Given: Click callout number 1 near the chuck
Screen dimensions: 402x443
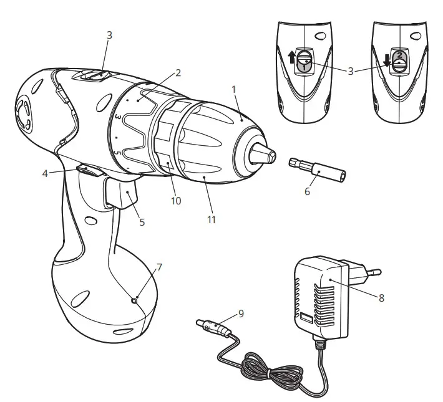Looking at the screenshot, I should tap(234, 89).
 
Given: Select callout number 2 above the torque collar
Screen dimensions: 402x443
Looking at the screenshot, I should tap(178, 73).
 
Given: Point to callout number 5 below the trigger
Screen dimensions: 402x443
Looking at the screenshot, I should tap(142, 221).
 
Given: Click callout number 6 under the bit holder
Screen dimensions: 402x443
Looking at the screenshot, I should tap(307, 192).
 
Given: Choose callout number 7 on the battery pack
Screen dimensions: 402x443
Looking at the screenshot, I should tap(160, 267).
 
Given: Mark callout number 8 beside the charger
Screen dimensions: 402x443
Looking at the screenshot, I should tap(381, 298).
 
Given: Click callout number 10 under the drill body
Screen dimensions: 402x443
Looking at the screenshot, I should tap(177, 201).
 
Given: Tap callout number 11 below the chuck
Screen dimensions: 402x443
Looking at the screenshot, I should tap(212, 219).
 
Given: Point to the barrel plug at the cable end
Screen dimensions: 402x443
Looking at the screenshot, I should tap(210, 325).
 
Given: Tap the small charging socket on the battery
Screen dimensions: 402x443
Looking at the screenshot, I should tap(134, 300).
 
